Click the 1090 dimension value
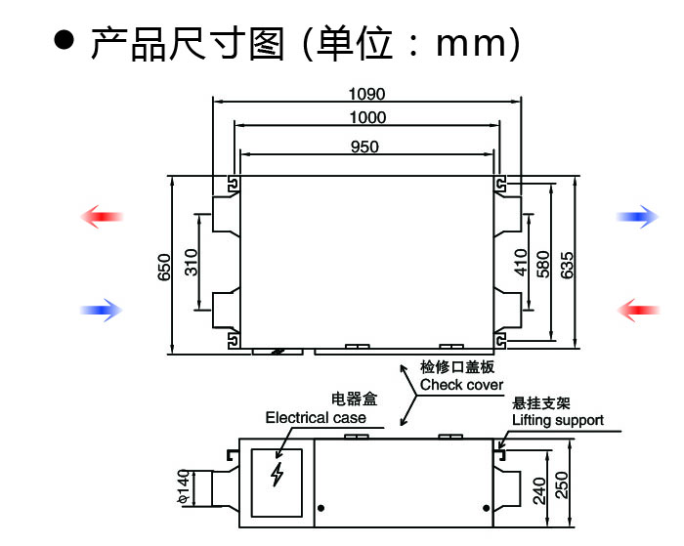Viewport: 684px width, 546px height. pos(367,95)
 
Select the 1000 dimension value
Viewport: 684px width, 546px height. pos(367,118)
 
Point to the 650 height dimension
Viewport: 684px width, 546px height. pos(164,265)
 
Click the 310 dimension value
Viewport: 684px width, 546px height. pos(192,262)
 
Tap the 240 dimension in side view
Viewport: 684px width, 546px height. pos(539,487)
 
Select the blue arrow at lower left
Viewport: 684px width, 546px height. pos(102,311)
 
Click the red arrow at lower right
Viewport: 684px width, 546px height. pos(639,311)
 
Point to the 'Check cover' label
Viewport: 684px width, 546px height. pos(461,385)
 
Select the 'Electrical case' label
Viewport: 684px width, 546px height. pos(316,417)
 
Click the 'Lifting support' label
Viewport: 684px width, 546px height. pos(558,421)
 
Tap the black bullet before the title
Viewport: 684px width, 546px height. pos(64,41)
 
